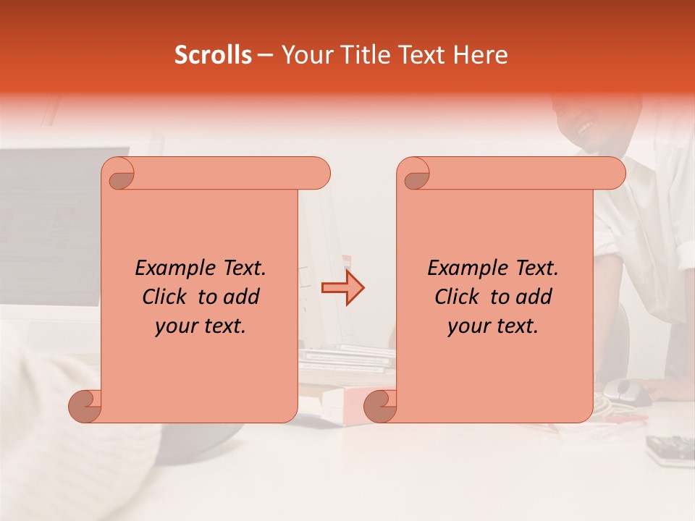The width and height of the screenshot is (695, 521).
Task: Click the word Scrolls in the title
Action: [x=213, y=55]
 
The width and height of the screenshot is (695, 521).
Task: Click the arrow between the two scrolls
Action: [x=342, y=288]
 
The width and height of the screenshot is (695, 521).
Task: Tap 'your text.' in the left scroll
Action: [x=200, y=326]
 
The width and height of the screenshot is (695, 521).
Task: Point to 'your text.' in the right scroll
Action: [x=492, y=326]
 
